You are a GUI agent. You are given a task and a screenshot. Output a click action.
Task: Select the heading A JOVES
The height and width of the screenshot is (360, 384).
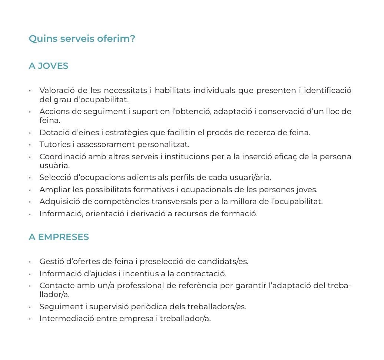tap(49, 66)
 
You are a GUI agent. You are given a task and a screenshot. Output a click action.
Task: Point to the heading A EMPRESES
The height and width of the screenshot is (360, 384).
tap(59, 237)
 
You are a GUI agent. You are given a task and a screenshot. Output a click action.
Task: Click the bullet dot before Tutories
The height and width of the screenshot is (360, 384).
tap(30, 145)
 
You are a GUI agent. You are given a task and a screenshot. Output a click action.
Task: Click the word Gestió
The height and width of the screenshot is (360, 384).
tap(51, 261)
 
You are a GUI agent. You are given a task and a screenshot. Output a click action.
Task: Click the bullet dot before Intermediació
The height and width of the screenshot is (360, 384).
tap(30, 319)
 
